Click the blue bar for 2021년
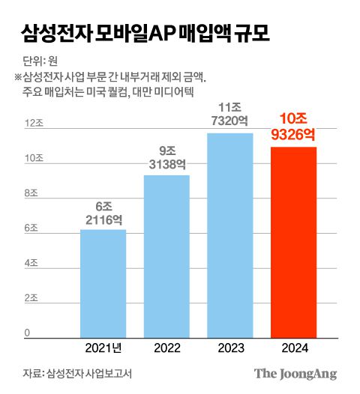(103, 283)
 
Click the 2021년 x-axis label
(103, 348)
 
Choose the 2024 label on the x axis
(293, 348)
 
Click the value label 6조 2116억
(103, 212)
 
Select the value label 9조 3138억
(166, 158)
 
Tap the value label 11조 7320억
(230, 115)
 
